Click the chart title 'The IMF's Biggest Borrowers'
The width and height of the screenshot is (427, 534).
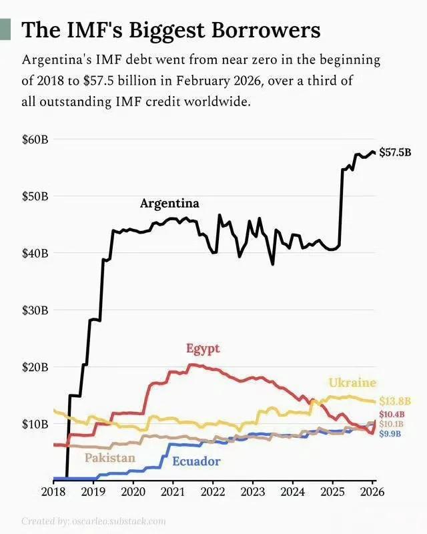[171, 30]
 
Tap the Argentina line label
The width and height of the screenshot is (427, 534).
[169, 204]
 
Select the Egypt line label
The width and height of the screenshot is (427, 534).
[203, 348]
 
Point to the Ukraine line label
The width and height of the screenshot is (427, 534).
[352, 382]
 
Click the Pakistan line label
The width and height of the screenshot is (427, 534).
[109, 458]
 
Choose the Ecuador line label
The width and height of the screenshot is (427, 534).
[196, 461]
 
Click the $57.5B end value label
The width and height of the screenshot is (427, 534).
[395, 153]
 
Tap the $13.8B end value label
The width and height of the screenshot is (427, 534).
[394, 401]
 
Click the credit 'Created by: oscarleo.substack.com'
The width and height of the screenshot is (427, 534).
[93, 521]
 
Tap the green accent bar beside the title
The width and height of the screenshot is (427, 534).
[5, 30]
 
